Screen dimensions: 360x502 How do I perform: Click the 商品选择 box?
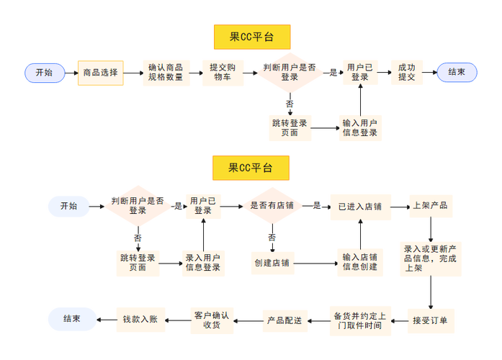tap(100, 73)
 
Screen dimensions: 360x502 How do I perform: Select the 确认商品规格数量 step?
tap(165, 73)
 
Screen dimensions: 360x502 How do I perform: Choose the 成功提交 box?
tap(406, 73)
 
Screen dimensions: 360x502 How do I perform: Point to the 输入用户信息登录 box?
tap(360, 128)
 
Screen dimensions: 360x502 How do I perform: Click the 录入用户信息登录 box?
tap(203, 263)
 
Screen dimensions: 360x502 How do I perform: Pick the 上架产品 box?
tap(430, 206)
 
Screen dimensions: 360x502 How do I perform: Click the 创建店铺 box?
tap(272, 263)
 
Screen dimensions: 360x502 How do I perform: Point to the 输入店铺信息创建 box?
tap(360, 263)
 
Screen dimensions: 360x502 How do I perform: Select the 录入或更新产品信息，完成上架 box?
tap(430, 258)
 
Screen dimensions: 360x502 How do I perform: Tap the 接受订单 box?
tap(430, 320)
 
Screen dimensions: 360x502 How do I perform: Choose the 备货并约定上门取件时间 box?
tap(360, 320)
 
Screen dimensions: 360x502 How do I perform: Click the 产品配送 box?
tap(285, 320)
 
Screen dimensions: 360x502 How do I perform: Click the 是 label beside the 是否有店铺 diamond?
tap(317, 206)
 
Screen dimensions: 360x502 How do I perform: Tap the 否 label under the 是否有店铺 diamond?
tap(272, 237)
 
